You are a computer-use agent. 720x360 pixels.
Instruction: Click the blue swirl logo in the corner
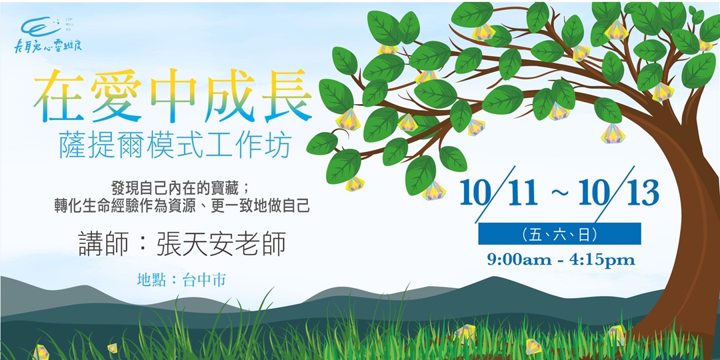(x=40, y=27)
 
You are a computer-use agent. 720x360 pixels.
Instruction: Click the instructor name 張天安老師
(x=221, y=245)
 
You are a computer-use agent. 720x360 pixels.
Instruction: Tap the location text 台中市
(x=203, y=280)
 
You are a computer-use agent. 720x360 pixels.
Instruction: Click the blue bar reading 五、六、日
(x=559, y=234)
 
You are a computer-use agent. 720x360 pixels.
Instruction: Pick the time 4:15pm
(x=603, y=259)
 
